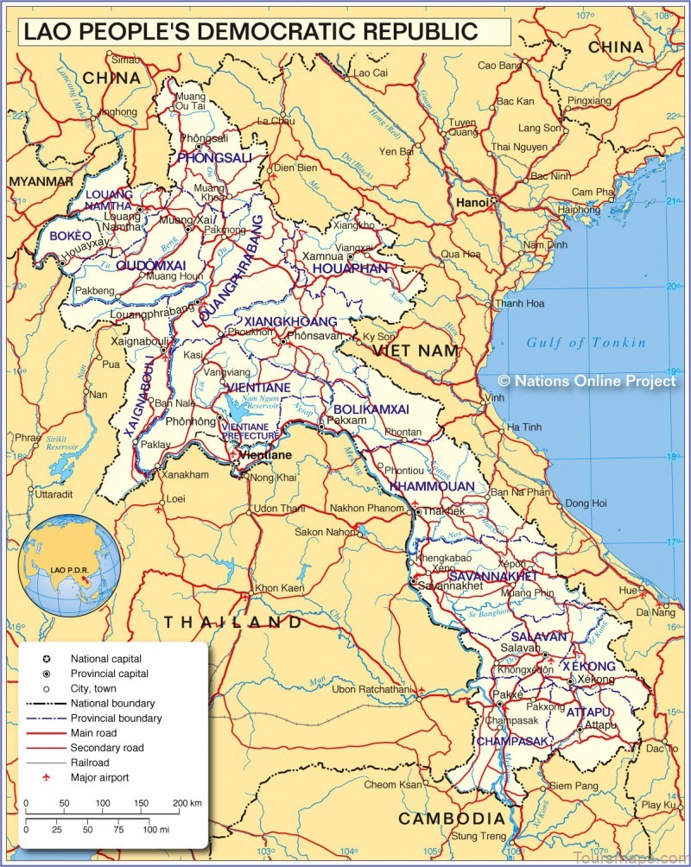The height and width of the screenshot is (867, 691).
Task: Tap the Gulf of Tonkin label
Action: pyautogui.click(x=586, y=343)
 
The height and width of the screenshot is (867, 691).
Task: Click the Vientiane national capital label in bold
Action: pyautogui.click(x=263, y=454)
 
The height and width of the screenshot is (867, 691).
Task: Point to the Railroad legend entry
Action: pyautogui.click(x=92, y=763)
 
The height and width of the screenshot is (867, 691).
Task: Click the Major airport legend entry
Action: pyautogui.click(x=99, y=777)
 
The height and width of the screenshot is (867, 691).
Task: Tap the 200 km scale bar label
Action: pyautogui.click(x=187, y=803)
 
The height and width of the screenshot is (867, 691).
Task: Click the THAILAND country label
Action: pyautogui.click(x=233, y=622)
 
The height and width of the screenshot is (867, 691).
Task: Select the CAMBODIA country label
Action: pyautogui.click(x=451, y=818)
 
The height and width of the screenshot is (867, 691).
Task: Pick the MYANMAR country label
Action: pyautogui.click(x=41, y=181)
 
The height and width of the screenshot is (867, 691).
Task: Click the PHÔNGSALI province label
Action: pyautogui.click(x=214, y=158)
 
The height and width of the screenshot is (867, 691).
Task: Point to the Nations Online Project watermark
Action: pyautogui.click(x=587, y=381)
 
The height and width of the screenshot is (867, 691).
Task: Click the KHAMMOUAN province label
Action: pyautogui.click(x=432, y=486)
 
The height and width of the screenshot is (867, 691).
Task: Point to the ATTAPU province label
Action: pyautogui.click(x=589, y=712)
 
